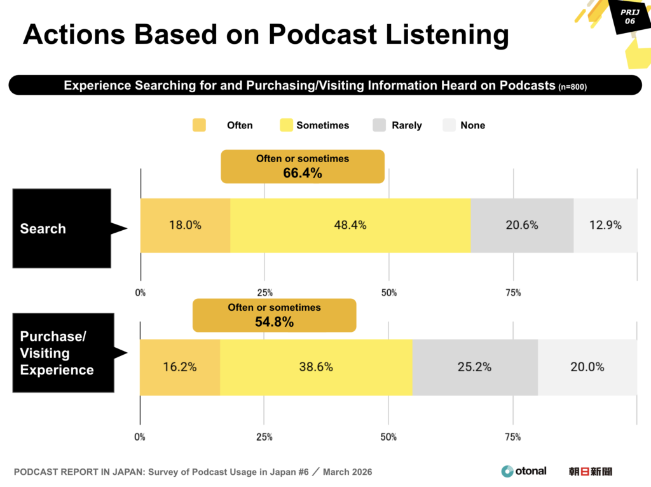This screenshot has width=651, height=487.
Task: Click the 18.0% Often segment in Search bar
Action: (x=185, y=225)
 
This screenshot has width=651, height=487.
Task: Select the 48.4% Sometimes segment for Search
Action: (x=350, y=225)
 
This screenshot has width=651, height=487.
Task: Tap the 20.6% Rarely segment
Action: (x=522, y=225)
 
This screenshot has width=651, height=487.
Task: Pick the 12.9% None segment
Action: (x=605, y=225)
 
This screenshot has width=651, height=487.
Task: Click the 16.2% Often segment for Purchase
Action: (x=180, y=367)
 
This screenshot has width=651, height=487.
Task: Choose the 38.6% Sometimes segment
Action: (x=317, y=367)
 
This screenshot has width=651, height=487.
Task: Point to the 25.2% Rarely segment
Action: (x=475, y=367)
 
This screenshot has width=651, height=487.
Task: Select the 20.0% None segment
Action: (x=587, y=367)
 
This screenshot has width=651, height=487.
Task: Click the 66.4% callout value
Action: (x=303, y=173)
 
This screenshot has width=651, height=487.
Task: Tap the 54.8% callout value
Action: (x=275, y=322)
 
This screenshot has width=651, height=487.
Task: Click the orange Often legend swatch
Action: (x=200, y=125)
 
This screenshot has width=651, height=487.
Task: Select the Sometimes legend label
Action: (x=322, y=125)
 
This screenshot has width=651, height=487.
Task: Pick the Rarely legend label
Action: (x=407, y=125)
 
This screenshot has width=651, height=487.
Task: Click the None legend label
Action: (x=472, y=125)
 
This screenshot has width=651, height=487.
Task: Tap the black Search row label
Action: (x=62, y=228)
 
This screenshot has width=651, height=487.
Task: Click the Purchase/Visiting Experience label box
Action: (x=63, y=353)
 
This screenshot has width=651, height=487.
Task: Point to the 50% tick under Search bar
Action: (x=389, y=293)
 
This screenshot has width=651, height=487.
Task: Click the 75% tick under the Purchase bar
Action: (x=513, y=437)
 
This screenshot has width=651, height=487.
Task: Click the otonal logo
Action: (x=524, y=471)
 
